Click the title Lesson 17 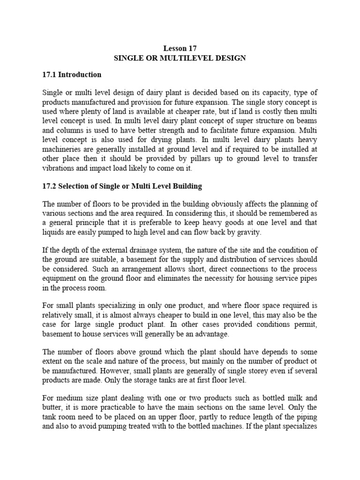[180, 48]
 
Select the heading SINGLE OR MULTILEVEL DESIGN [180, 58]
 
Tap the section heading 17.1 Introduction [72, 75]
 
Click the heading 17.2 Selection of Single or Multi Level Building [122, 186]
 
